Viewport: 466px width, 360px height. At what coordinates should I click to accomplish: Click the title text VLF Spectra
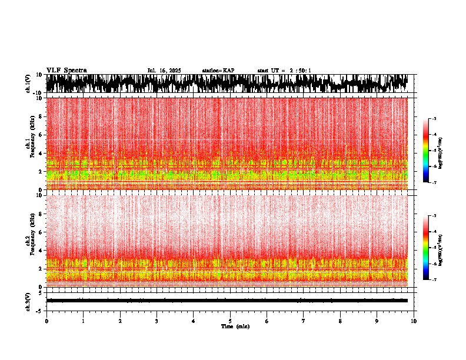[66, 71]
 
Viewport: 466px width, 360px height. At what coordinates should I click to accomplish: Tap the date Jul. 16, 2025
[164, 71]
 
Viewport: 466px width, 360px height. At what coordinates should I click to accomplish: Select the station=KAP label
[218, 71]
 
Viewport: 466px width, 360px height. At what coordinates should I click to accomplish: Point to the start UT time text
[284, 71]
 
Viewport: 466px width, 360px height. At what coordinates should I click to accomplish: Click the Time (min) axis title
[235, 326]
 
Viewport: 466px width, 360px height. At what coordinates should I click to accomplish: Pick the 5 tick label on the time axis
[230, 321]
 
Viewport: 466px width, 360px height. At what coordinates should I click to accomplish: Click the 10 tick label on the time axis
[414, 321]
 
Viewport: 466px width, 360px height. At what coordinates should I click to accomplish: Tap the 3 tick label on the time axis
[157, 321]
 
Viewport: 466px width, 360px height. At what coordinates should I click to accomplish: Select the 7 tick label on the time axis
[304, 321]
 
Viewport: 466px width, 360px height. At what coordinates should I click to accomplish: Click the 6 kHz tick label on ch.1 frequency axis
[40, 135]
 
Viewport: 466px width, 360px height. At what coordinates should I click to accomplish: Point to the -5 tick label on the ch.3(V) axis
[39, 310]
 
